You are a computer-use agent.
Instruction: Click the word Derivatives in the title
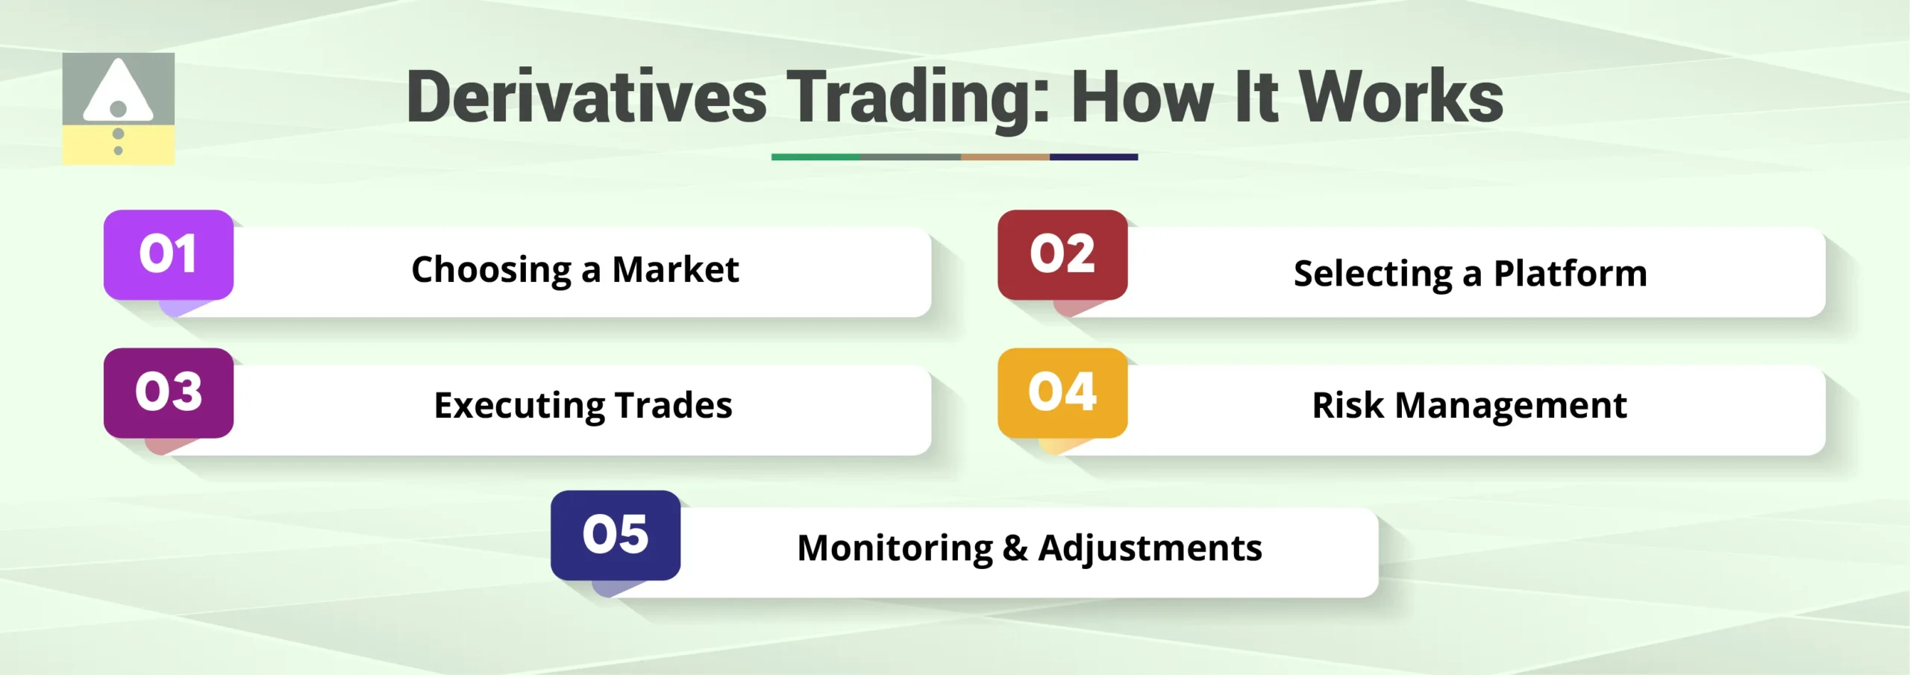point(586,97)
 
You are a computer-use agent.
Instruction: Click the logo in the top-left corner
point(119,109)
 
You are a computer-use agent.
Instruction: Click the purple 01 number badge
point(169,254)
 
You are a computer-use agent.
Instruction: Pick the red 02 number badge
point(1062,254)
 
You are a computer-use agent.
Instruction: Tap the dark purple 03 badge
point(169,392)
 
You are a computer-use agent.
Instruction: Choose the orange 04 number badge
point(1062,392)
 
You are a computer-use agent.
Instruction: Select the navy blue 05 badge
point(616,535)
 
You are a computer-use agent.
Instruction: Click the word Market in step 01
point(675,269)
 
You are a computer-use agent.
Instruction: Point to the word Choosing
point(491,271)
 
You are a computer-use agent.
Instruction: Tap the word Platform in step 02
point(1570,274)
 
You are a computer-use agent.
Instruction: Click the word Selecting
point(1373,274)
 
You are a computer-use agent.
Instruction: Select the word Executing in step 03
point(519,406)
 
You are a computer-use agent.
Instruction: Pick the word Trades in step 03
point(674,405)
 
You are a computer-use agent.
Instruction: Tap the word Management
point(1511,406)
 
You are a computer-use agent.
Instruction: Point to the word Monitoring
point(895,549)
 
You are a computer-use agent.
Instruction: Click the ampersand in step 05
point(1015,548)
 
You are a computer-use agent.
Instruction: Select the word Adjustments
point(1150,549)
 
